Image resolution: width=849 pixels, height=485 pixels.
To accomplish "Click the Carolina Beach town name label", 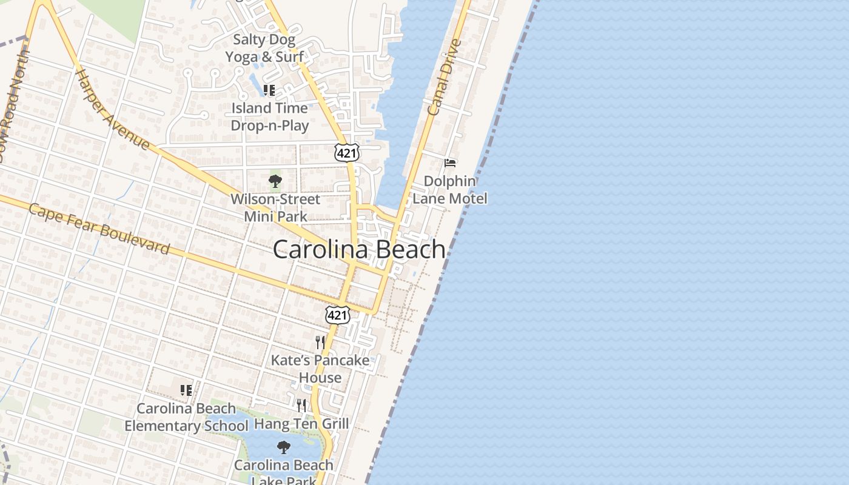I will (x=359, y=249).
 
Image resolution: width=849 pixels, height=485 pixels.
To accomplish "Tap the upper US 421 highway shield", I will (x=347, y=153).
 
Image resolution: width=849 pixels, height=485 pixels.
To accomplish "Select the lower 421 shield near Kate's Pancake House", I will (x=337, y=315).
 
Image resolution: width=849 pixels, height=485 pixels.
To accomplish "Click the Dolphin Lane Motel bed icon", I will (x=450, y=162).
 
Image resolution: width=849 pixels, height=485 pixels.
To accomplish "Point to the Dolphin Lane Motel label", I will (x=450, y=190).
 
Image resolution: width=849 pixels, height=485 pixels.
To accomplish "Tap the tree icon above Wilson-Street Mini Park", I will (x=275, y=181).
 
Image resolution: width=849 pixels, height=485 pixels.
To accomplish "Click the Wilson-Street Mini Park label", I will (x=275, y=207).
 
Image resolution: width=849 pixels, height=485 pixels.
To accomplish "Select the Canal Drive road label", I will (x=444, y=78).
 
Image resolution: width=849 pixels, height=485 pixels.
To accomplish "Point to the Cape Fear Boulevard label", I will (x=99, y=229).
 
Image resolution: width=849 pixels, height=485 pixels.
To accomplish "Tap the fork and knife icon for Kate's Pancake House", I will (x=320, y=343).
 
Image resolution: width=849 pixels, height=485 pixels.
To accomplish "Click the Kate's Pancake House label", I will (x=320, y=369).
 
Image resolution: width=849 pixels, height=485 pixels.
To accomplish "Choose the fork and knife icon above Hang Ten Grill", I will (x=301, y=405).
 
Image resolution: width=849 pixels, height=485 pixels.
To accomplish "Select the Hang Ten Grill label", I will (x=301, y=423).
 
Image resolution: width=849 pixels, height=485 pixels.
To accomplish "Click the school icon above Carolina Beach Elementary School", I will (x=186, y=390).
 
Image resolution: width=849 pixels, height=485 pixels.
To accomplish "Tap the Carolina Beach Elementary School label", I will (x=186, y=417).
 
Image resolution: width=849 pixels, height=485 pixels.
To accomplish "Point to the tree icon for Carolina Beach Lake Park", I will (x=283, y=447).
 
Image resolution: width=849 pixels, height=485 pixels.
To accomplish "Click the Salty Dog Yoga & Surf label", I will (x=265, y=48).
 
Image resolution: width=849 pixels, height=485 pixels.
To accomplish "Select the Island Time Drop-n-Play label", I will (x=270, y=117).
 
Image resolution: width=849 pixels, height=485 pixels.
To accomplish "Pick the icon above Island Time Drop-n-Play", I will (x=269, y=90).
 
